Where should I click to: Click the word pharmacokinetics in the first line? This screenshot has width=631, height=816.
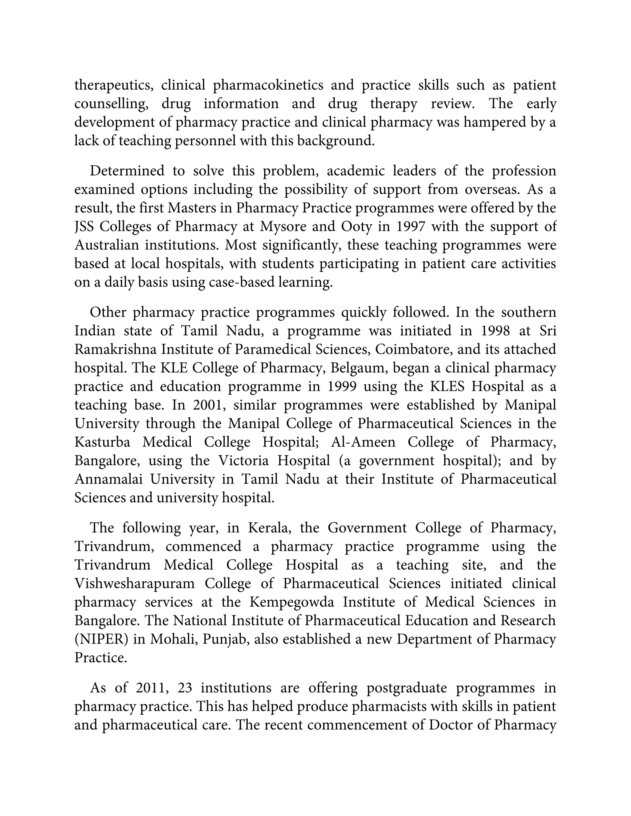tap(268, 86)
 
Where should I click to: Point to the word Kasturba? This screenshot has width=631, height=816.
tap(102, 442)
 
